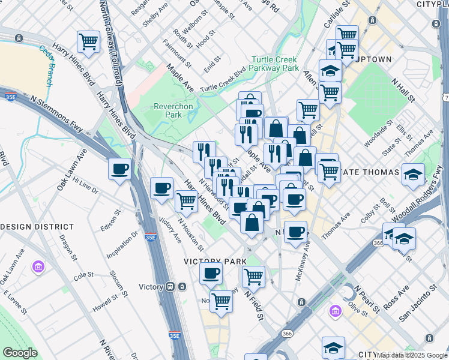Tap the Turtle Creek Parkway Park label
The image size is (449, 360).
[x=275, y=64]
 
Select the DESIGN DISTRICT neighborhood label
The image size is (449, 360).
[x=37, y=227]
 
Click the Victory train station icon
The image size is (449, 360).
[x=171, y=286]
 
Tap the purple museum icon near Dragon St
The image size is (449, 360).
[x=39, y=266]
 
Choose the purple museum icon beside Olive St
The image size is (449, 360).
[x=335, y=310]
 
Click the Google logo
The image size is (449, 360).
[x=20, y=353]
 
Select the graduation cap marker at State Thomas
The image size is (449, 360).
[x=413, y=175]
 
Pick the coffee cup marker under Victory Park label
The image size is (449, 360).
[x=211, y=274]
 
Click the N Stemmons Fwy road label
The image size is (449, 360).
[x=59, y=113]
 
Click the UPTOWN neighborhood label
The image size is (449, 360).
[x=375, y=59]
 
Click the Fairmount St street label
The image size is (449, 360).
[x=179, y=56]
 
